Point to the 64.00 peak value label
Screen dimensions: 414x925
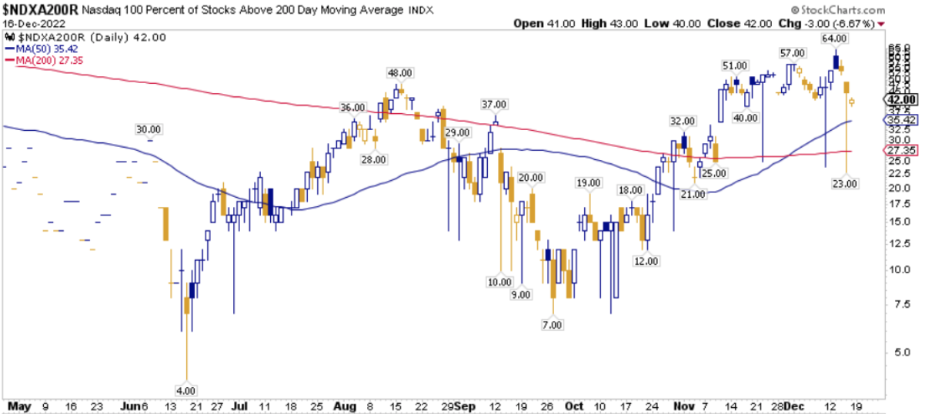pyautogui.click(x=834, y=38)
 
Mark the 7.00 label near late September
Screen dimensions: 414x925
pyautogui.click(x=552, y=326)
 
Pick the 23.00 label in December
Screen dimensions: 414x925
pyautogui.click(x=845, y=183)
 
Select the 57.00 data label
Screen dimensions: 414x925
pyautogui.click(x=793, y=53)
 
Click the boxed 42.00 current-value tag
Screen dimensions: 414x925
pyautogui.click(x=902, y=100)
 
